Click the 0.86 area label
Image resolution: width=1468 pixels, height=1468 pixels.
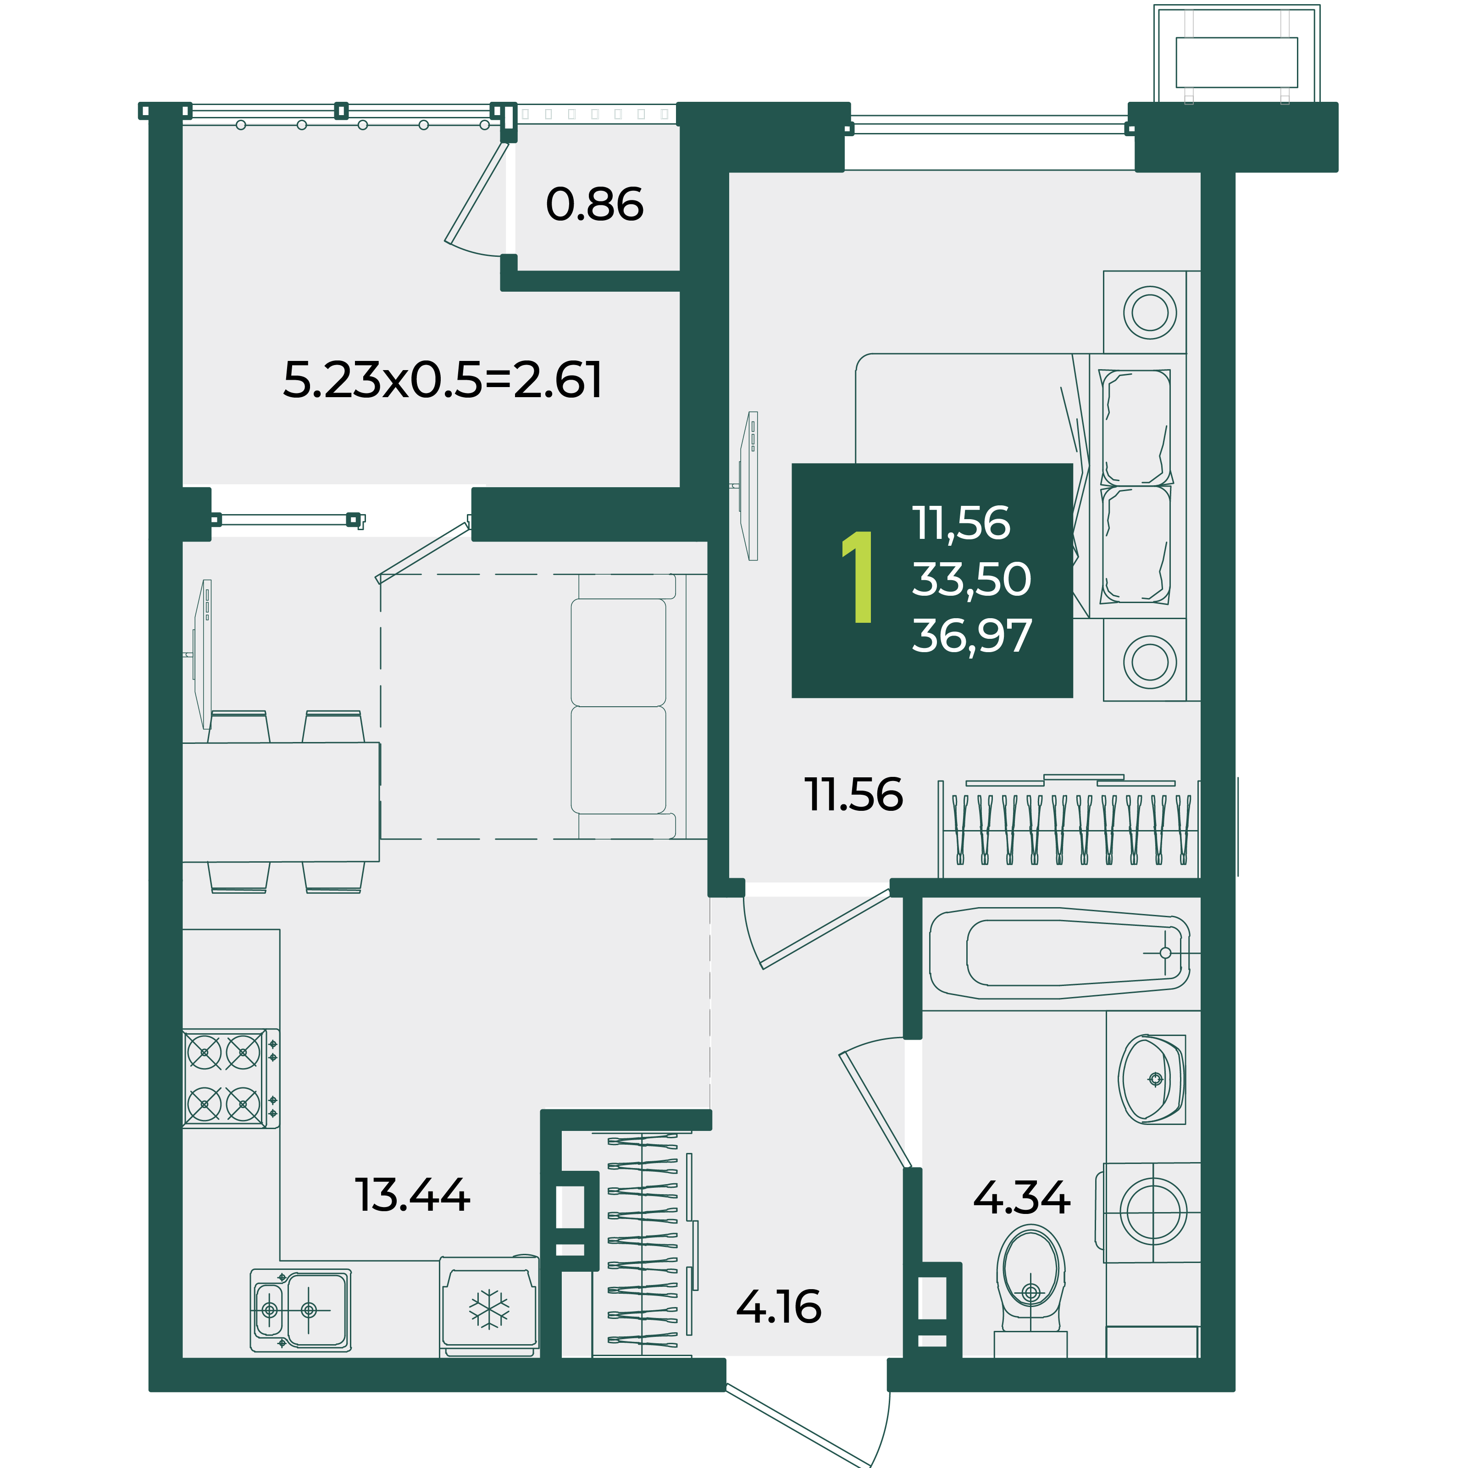[x=594, y=205]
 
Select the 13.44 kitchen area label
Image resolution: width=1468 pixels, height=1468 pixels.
[x=413, y=1195]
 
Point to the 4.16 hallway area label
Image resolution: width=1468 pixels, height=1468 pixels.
[x=779, y=1307]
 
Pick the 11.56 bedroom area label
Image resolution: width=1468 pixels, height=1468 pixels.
[x=854, y=795]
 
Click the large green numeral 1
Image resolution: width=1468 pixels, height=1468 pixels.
[x=859, y=577]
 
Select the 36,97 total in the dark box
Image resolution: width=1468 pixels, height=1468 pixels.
[x=972, y=636]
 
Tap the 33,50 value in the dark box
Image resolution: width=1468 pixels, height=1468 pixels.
[x=972, y=579]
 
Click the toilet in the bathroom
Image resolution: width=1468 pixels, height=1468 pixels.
[x=1030, y=1290]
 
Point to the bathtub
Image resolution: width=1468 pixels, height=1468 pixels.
[x=1060, y=953]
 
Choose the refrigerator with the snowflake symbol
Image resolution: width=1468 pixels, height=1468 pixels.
[x=489, y=1307]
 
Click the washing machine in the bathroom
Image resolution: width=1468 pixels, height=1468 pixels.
[x=1152, y=1212]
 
